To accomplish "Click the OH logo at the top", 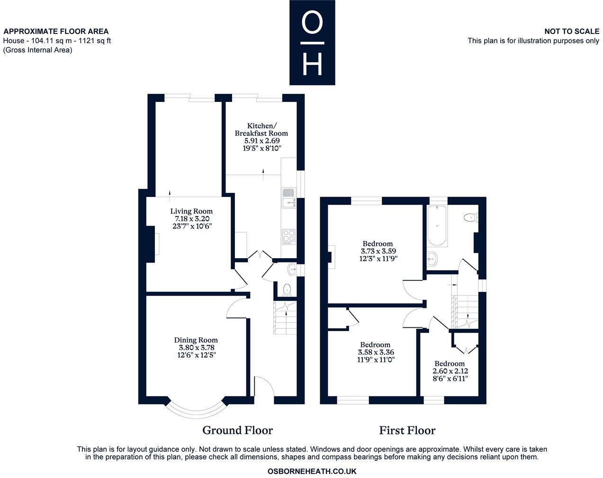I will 312,43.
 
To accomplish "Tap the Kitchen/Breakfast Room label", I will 261,129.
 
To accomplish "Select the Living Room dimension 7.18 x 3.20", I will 191,219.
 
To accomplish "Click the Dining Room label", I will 196,340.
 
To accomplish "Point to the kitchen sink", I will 288,198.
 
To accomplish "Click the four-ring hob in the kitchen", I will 288,235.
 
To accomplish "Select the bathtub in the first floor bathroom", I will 436,226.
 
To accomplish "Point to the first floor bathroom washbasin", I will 432,258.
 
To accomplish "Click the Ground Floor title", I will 237,430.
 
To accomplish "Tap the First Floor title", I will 407,430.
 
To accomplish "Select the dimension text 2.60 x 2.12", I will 450,371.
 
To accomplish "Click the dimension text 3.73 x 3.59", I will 378,251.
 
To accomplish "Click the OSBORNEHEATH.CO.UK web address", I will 312,471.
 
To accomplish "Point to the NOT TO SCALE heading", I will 571,31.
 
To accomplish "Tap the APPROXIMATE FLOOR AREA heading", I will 56,31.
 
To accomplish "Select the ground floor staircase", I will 285,318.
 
